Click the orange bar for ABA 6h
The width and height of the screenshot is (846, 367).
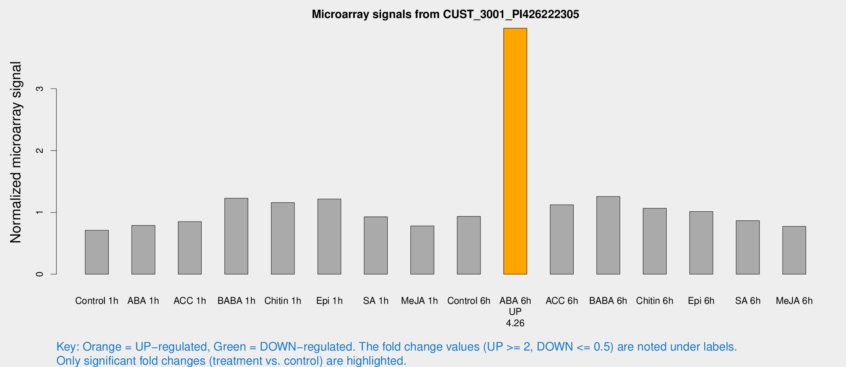tap(515, 151)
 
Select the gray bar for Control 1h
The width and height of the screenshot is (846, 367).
tap(97, 252)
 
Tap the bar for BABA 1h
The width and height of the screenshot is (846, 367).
tap(236, 236)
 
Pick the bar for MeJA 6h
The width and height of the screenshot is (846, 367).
tap(794, 250)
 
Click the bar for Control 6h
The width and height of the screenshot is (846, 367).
tap(468, 245)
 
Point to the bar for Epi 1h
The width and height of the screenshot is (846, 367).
tap(329, 236)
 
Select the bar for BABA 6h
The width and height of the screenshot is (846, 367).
tap(608, 235)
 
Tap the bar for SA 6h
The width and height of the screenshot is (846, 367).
tap(747, 247)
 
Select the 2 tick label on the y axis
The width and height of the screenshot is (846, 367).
tap(40, 151)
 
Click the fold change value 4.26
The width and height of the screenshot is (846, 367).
tap(515, 323)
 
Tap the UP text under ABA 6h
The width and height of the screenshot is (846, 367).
tap(515, 312)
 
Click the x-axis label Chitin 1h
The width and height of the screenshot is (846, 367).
tap(283, 301)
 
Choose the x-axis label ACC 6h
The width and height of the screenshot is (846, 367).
tap(562, 301)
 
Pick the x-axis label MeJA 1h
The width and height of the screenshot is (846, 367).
tap(419, 301)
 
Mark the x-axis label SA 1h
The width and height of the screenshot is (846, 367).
tap(376, 301)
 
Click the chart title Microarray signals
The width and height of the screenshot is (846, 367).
tap(445, 15)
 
